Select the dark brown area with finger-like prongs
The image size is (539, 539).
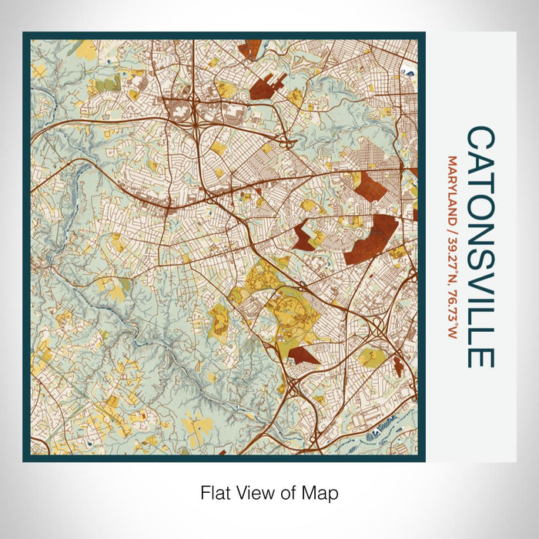tap(265, 85)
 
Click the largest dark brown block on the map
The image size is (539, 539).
tap(372, 239)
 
